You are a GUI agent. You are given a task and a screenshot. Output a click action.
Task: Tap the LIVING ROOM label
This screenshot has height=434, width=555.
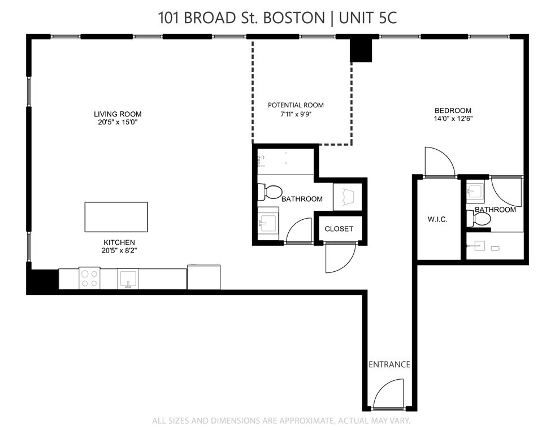[x=118, y=114]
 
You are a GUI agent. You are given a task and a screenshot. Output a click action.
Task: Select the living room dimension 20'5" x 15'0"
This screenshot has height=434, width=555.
[x=118, y=122]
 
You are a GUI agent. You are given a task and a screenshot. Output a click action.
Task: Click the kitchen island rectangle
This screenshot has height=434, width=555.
[x=116, y=217]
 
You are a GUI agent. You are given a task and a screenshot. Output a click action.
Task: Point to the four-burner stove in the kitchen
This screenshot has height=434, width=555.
[x=89, y=277]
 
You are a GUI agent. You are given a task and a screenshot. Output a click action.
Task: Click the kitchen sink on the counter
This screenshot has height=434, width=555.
[x=128, y=278]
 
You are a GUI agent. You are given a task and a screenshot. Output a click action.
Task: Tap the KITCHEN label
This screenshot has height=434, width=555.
[x=119, y=242]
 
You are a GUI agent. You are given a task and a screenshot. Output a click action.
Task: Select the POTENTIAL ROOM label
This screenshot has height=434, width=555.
[x=296, y=105]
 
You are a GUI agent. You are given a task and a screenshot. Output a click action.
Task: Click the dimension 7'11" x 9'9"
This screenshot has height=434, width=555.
[x=296, y=114]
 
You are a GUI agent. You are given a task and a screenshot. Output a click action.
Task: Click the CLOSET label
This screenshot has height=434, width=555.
[x=339, y=229]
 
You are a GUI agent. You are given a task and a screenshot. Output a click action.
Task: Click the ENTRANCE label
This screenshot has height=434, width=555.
[x=389, y=364]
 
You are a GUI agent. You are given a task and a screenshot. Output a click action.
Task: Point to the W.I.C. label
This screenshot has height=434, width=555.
[x=437, y=219]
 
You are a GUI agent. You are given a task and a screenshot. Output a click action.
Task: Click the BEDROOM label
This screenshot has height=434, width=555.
[x=453, y=111]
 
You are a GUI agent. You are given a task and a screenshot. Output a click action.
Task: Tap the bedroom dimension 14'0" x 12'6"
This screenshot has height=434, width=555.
[x=453, y=119]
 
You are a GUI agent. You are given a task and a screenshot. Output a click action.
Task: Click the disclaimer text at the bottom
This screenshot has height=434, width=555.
[x=281, y=421]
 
